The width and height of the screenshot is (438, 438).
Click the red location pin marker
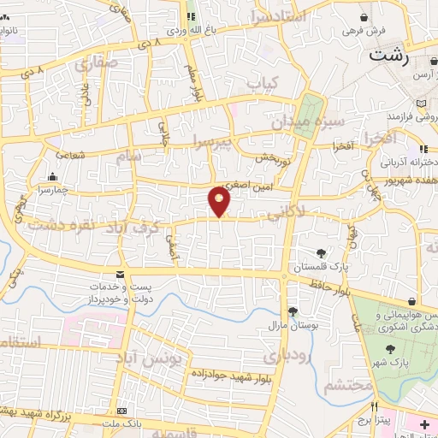220,201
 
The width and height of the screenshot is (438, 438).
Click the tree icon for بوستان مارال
293,311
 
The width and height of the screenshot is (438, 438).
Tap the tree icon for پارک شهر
390,348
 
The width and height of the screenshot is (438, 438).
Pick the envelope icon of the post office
119,274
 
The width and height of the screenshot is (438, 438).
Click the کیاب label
263,83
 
